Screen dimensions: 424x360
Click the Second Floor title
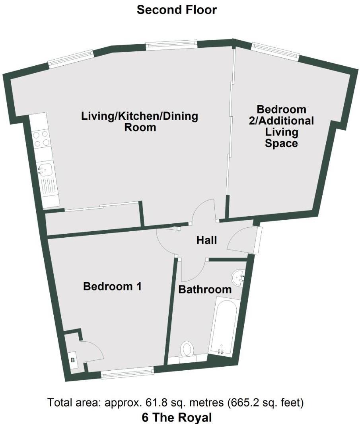pyautogui.click(x=177, y=10)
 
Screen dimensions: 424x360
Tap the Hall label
pyautogui.click(x=207, y=240)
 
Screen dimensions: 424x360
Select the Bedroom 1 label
pyautogui.click(x=112, y=286)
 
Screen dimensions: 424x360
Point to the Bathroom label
pyautogui.click(x=205, y=289)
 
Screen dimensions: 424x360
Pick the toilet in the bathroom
pyautogui.click(x=187, y=350)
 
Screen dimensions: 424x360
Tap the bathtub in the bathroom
pyautogui.click(x=223, y=325)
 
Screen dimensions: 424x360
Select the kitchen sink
pyautogui.click(x=45, y=170)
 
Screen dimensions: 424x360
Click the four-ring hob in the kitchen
pyautogui.click(x=41, y=138)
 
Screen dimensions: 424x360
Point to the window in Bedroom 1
pyautogui.click(x=127, y=372)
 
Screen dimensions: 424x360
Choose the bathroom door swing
pyautogui.click(x=192, y=271)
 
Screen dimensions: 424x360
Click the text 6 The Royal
pyautogui.click(x=177, y=418)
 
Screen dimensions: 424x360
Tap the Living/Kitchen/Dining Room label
pyautogui.click(x=140, y=122)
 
